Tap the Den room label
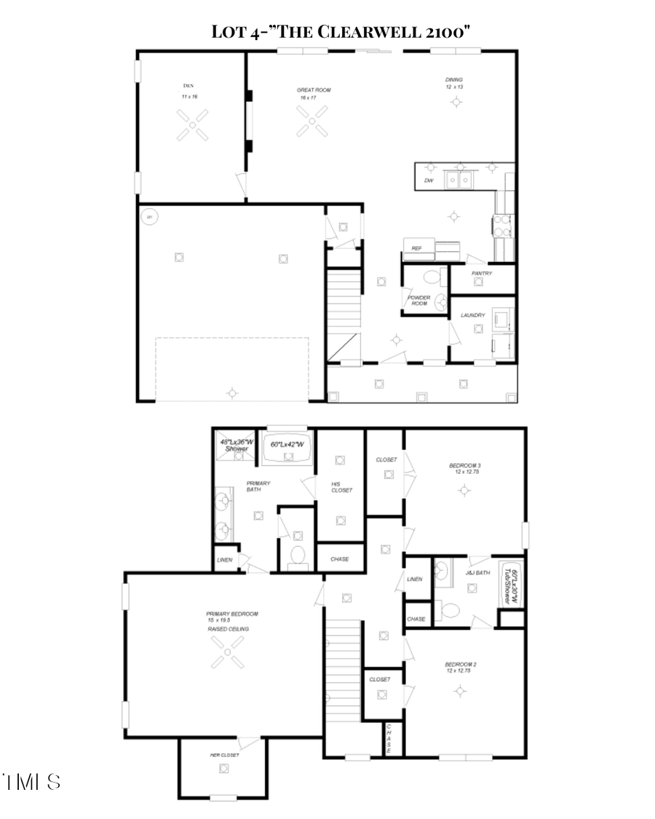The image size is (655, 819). [188, 85]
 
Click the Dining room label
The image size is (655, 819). [454, 79]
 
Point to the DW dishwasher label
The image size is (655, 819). [429, 181]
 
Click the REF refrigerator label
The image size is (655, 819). [417, 248]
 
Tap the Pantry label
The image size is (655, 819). [482, 274]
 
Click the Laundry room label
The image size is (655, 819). [473, 315]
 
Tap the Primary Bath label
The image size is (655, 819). [258, 486]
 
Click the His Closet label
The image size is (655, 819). [341, 486]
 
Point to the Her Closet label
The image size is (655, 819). [224, 755]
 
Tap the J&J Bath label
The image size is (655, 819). [477, 572]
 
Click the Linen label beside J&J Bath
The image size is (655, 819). [415, 579]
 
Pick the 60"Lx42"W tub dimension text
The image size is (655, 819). [287, 444]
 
